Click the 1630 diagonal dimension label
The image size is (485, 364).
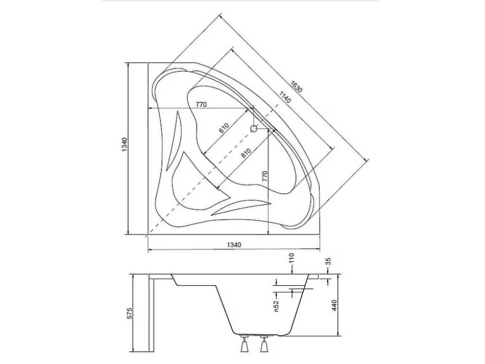click(x=297, y=86)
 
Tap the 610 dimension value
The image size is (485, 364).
click(x=224, y=128)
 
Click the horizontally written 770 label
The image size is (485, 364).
click(x=201, y=105)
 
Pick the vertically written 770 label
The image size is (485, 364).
click(x=264, y=177)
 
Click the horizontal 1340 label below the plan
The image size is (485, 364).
click(x=232, y=245)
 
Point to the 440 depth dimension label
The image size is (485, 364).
click(x=334, y=306)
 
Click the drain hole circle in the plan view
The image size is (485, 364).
click(x=254, y=129)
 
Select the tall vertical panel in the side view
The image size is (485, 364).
click(x=152, y=314)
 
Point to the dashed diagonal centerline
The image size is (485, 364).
click(x=204, y=179)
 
